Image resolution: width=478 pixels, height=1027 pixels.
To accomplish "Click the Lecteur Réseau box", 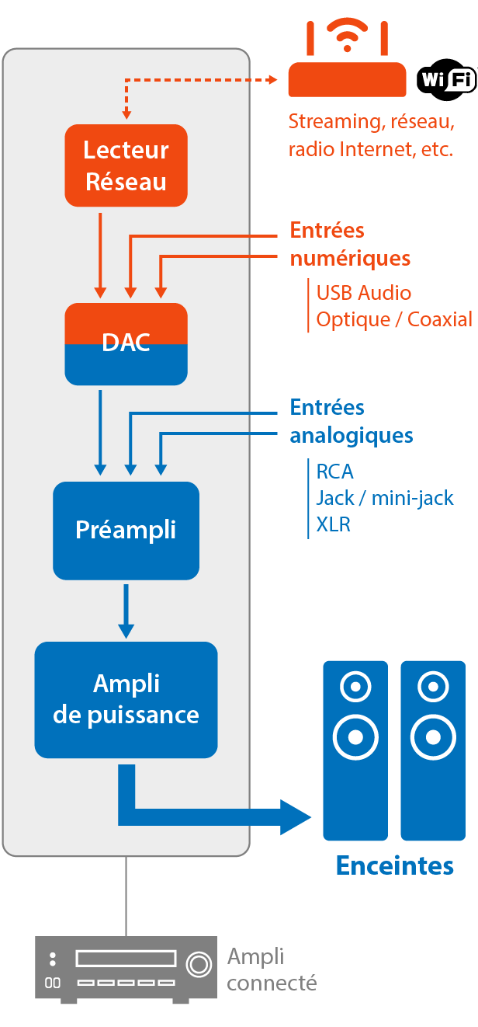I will tap(126, 165).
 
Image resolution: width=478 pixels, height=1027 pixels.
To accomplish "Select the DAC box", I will tap(126, 343).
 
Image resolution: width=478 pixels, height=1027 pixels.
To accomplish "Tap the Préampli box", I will tap(126, 530).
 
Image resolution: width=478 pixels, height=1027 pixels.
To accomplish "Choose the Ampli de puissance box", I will tap(126, 699).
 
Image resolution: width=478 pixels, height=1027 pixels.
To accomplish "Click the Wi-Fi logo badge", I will tap(446, 79).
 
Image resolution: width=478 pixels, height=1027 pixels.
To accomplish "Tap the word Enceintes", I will tap(394, 865).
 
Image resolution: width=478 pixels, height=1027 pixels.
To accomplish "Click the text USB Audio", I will tap(363, 293).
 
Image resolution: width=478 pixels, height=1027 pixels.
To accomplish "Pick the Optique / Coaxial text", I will tap(393, 319).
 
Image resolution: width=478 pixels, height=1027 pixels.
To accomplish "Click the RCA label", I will tap(334, 472).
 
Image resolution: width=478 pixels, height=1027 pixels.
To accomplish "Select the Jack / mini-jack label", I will tap(384, 498).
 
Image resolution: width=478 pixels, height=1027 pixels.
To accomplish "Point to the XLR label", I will tap(333, 524).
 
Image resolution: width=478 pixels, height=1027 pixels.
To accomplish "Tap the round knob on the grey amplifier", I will tap(199, 964).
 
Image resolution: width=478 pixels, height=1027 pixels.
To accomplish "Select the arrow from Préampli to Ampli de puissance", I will tap(126, 611).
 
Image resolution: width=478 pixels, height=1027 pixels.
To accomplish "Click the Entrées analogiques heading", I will tap(351, 421).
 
